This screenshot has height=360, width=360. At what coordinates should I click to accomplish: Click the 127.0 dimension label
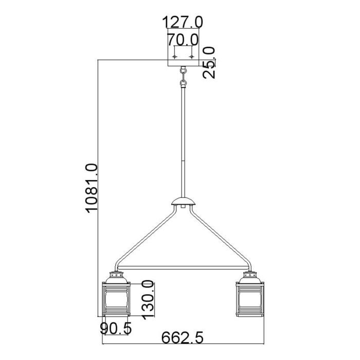click(183, 22)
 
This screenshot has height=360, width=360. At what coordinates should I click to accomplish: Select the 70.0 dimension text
click(183, 39)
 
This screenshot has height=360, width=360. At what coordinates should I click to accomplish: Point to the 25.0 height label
click(210, 62)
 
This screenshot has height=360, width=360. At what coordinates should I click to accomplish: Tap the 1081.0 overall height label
click(91, 187)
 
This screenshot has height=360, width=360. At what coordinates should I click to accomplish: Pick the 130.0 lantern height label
click(148, 300)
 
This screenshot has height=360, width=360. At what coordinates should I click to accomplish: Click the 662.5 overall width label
click(183, 338)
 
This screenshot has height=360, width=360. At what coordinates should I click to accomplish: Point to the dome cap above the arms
click(183, 201)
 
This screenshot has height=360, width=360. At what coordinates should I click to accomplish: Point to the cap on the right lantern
click(248, 278)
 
